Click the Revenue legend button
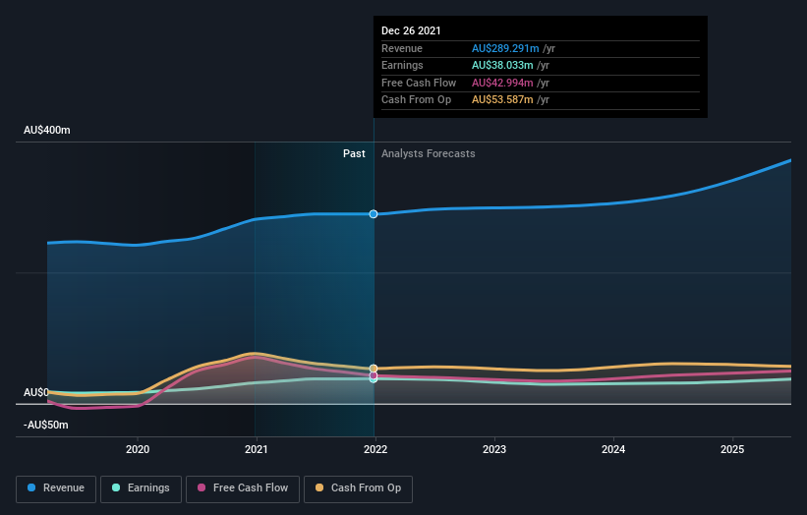point(56,487)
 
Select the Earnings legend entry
point(141,487)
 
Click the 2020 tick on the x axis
point(138,449)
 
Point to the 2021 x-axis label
point(257,449)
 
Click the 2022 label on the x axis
point(375,449)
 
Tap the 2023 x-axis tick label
point(494,449)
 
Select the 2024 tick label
point(613,449)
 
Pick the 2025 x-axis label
point(732,449)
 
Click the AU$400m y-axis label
point(47,131)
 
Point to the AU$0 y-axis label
point(36,392)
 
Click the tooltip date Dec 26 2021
point(411,30)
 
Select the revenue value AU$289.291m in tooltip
point(505,48)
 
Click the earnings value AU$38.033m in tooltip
point(502,66)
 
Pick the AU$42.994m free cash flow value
point(502,83)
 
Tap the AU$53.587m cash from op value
point(502,99)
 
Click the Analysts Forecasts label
point(428,153)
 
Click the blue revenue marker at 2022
point(374,214)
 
